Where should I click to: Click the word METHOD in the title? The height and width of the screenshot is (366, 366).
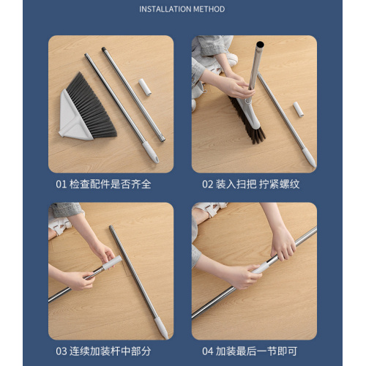209,10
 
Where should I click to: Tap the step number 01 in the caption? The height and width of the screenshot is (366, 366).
61,184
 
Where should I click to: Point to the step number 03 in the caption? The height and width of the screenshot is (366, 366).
61,351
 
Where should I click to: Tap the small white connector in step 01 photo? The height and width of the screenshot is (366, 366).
144,89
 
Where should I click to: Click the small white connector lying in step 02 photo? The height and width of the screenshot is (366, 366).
298,110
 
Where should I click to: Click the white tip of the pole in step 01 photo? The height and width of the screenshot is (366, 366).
150,154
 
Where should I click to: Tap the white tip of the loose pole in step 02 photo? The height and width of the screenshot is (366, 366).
309,159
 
